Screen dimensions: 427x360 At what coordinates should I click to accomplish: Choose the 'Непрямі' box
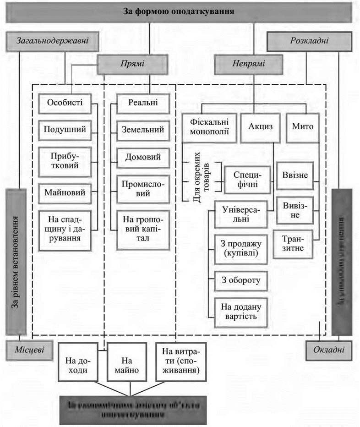pyautogui.click(x=248, y=64)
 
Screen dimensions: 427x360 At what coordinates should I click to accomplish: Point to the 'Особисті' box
pyautogui.click(x=65, y=103)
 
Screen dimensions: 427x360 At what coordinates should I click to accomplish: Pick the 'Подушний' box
pyautogui.click(x=65, y=130)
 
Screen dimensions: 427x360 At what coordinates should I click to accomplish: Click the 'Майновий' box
pyautogui.click(x=65, y=193)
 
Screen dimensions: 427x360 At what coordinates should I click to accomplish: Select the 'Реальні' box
pyautogui.click(x=142, y=103)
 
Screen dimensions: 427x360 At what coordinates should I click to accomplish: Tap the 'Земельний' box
pyautogui.click(x=142, y=130)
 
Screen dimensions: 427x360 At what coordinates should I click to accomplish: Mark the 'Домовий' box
pyautogui.click(x=142, y=157)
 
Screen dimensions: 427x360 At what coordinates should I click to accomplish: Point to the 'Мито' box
pyautogui.click(x=302, y=127)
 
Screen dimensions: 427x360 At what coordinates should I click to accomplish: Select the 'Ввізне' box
pyautogui.click(x=295, y=175)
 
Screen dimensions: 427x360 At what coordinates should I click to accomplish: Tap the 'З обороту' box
pyautogui.click(x=241, y=280)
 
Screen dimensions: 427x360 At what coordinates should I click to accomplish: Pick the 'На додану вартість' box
pyautogui.click(x=241, y=311)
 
